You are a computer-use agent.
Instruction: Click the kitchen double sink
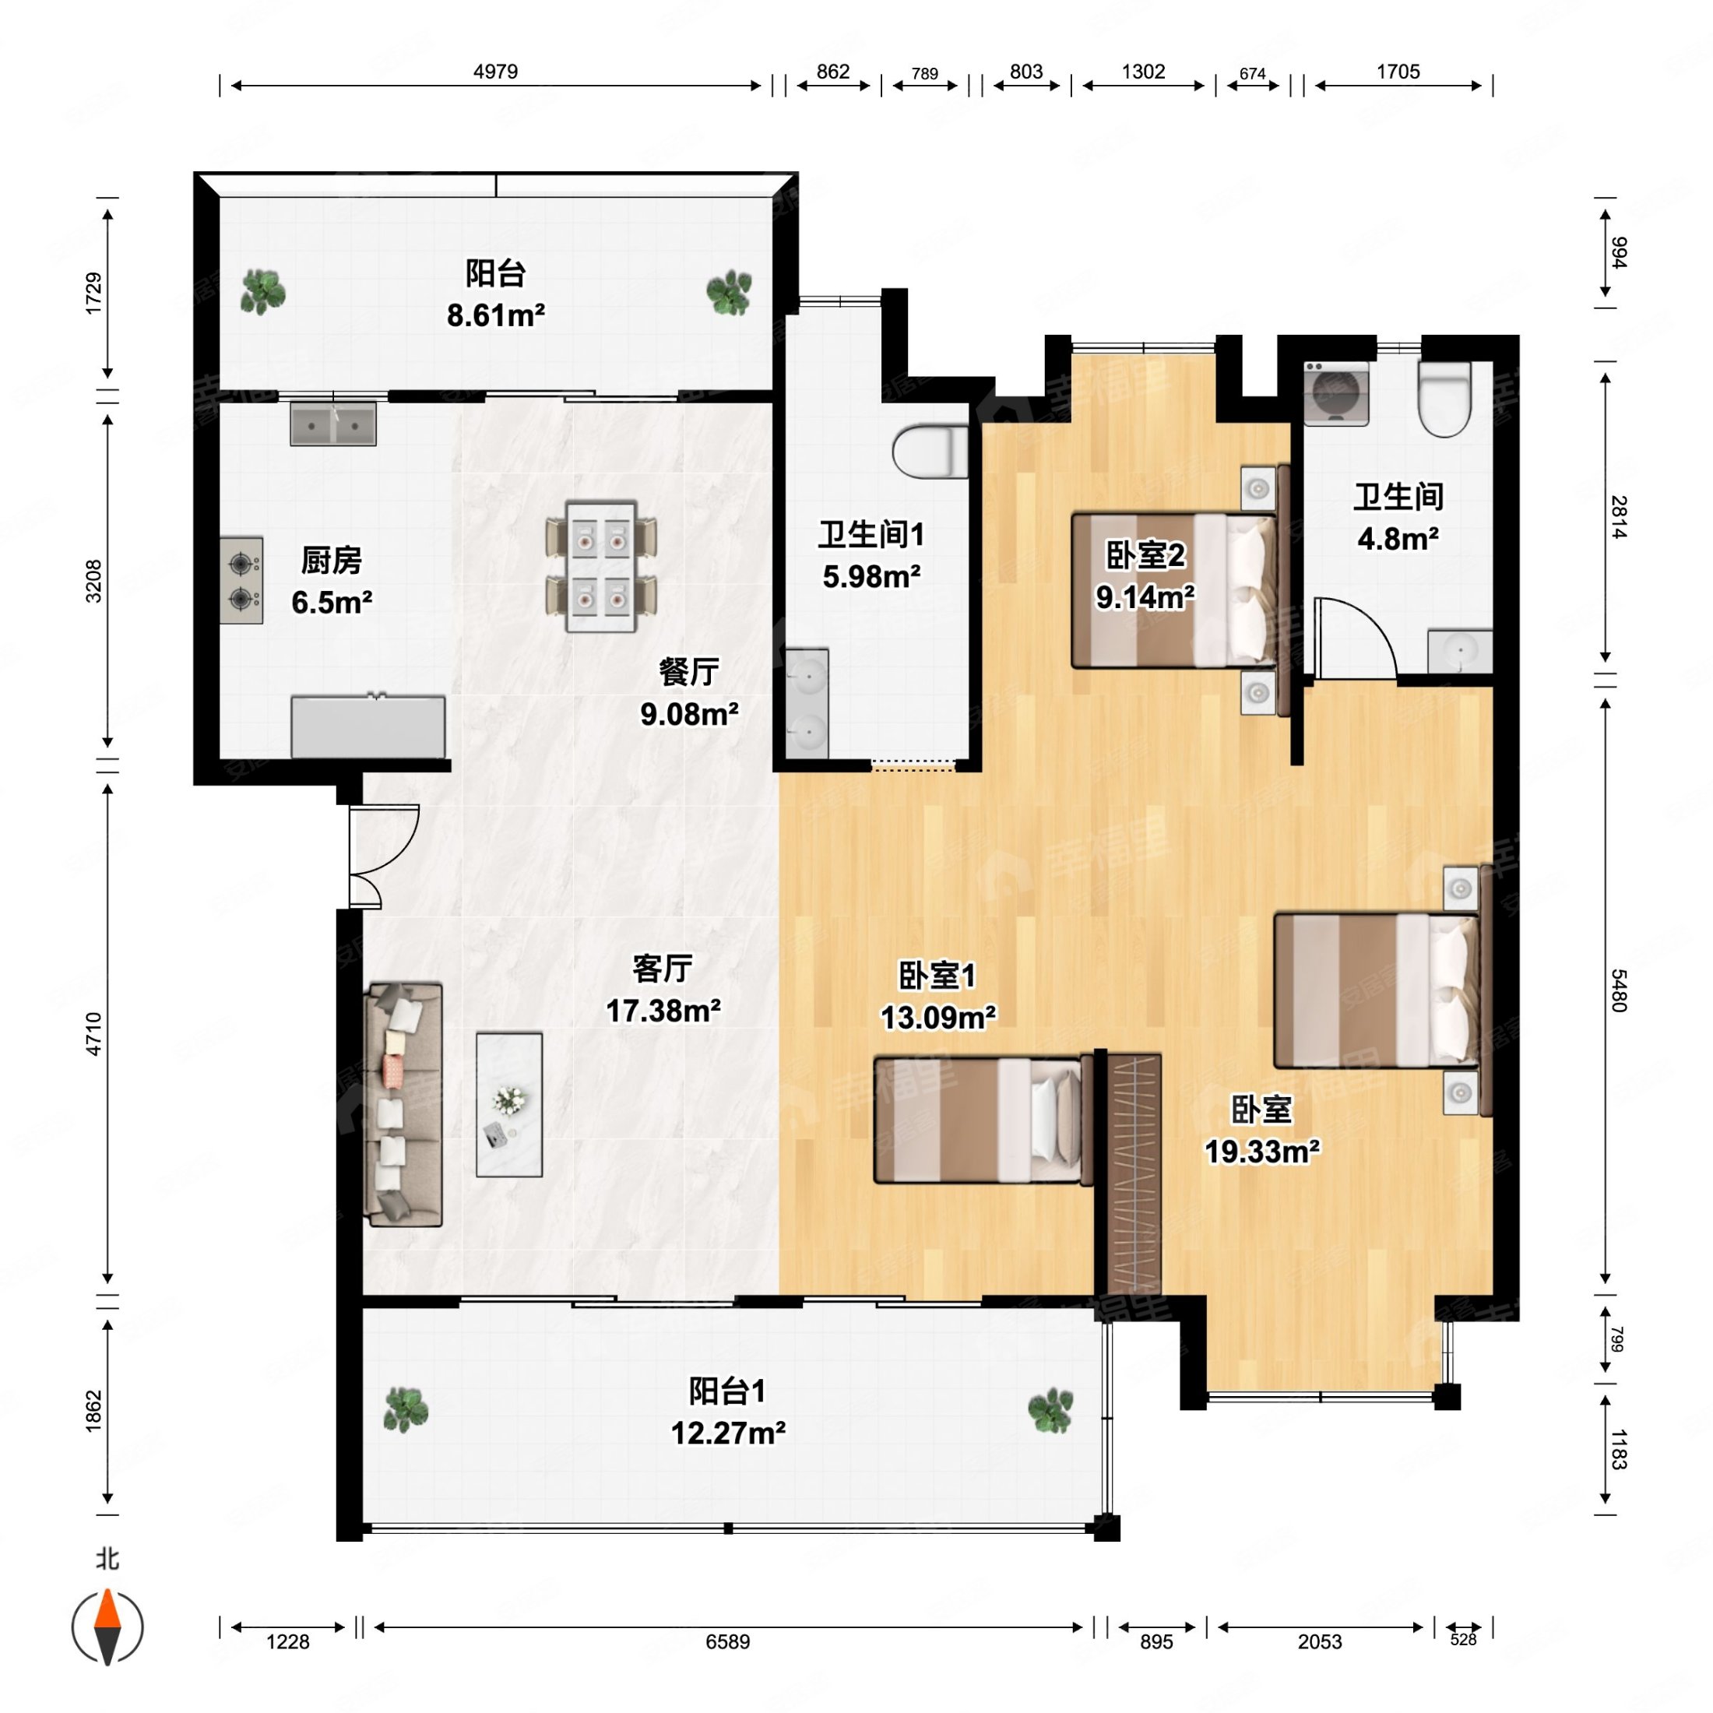tap(333, 424)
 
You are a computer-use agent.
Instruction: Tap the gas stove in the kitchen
tap(241, 581)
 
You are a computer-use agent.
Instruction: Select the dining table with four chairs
tap(601, 567)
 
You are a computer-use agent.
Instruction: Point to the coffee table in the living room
tap(509, 1104)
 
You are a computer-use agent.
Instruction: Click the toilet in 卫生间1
tap(930, 452)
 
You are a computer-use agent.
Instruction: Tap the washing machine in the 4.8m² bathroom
tap(1335, 392)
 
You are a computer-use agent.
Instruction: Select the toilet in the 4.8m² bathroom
tap(1445, 398)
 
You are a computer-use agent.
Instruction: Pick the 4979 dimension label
tap(496, 72)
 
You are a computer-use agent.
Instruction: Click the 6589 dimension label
tap(728, 1642)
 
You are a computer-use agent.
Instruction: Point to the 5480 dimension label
tap(1619, 991)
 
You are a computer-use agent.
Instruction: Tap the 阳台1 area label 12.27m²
tap(728, 1433)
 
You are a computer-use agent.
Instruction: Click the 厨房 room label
tap(332, 561)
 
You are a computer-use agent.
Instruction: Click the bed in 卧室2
tap(1174, 590)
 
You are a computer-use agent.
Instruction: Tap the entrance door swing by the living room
tap(383, 856)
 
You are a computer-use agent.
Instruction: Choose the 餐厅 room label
tap(689, 671)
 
